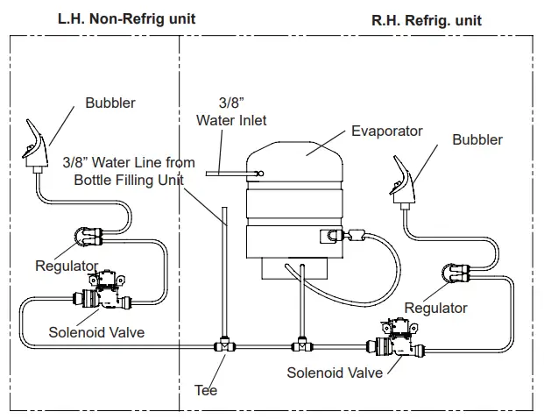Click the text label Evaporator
tap(386, 131)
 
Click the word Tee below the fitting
tap(206, 389)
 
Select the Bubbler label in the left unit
tap(110, 103)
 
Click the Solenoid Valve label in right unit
tap(335, 373)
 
